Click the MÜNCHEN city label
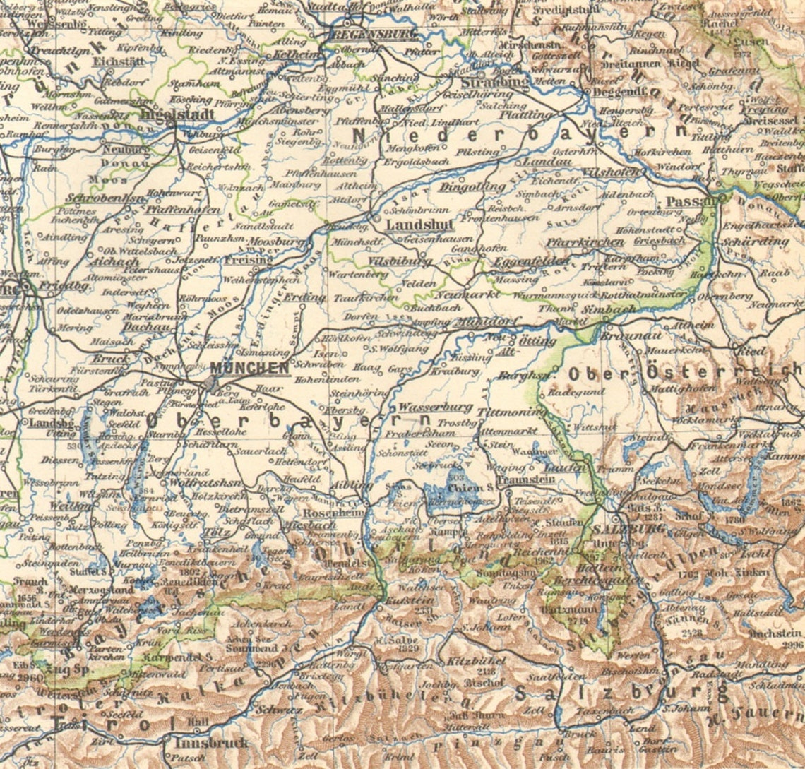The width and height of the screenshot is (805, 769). pyautogui.click(x=249, y=368)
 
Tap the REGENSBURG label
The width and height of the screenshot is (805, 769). pyautogui.click(x=365, y=33)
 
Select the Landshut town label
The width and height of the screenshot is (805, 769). pyautogui.click(x=410, y=225)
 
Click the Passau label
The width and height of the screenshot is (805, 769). pyautogui.click(x=682, y=201)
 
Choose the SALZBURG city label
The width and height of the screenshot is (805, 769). pyautogui.click(x=619, y=530)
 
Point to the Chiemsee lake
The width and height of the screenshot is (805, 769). pyautogui.click(x=452, y=498)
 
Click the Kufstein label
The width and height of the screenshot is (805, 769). pyautogui.click(x=400, y=600)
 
